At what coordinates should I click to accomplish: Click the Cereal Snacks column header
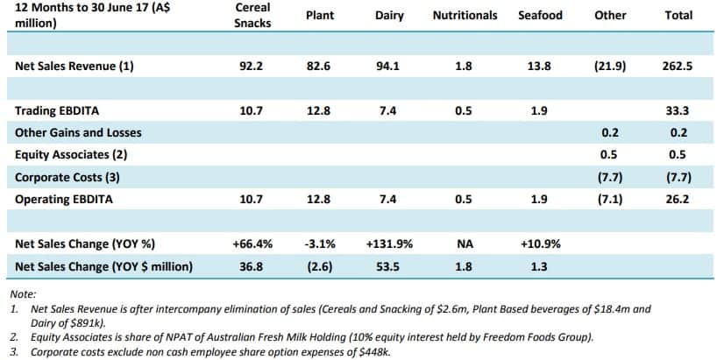[252, 16]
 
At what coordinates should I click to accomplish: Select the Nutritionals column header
[465, 15]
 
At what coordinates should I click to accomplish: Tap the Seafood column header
[541, 15]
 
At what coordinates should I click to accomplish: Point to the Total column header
[678, 15]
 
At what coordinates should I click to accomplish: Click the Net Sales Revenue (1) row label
[75, 65]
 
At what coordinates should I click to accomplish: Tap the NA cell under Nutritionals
[465, 244]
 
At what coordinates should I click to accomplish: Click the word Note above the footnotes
[23, 295]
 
